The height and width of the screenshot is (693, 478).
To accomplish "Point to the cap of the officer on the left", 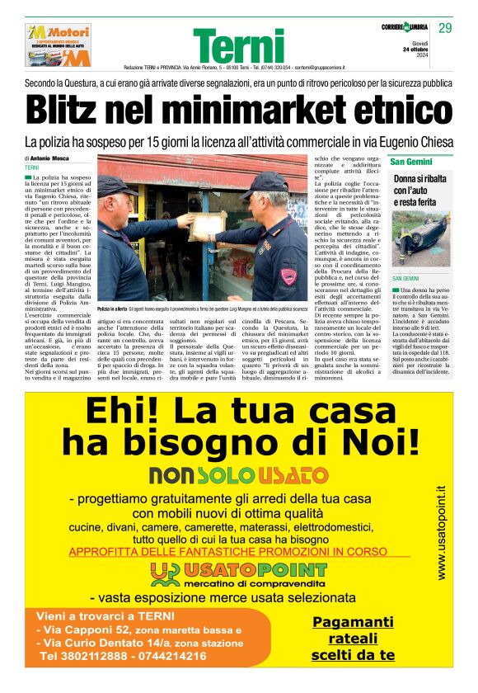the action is pyautogui.click(x=119, y=183).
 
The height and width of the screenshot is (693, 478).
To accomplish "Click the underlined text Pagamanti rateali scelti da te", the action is pyautogui.click(x=352, y=638).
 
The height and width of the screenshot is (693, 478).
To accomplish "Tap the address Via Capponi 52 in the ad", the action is pyautogui.click(x=89, y=629).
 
